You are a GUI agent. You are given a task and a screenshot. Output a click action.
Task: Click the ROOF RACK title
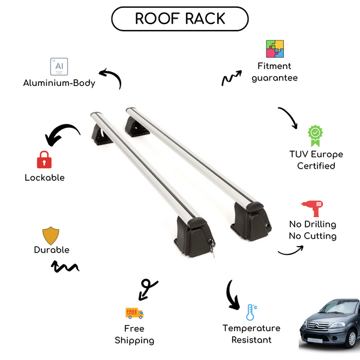point(179,18)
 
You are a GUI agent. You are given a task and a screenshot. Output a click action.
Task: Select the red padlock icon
point(43,160)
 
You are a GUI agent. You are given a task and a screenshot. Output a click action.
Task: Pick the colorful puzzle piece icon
point(275,49)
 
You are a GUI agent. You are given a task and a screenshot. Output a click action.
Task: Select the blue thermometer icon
point(251,311)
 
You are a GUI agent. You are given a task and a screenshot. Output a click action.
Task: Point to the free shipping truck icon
point(134,313)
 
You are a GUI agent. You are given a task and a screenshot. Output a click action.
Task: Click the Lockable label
point(44,178)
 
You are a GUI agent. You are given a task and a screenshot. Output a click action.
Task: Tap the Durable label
point(52,250)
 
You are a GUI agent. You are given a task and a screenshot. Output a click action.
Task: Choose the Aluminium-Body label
point(59,83)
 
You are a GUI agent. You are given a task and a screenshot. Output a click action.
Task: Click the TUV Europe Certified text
point(316,160)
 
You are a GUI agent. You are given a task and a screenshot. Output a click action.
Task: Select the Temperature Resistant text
point(251,334)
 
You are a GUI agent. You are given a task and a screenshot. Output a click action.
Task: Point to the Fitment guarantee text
point(275,72)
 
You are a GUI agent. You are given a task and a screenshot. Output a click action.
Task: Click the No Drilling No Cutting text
point(312,230)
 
